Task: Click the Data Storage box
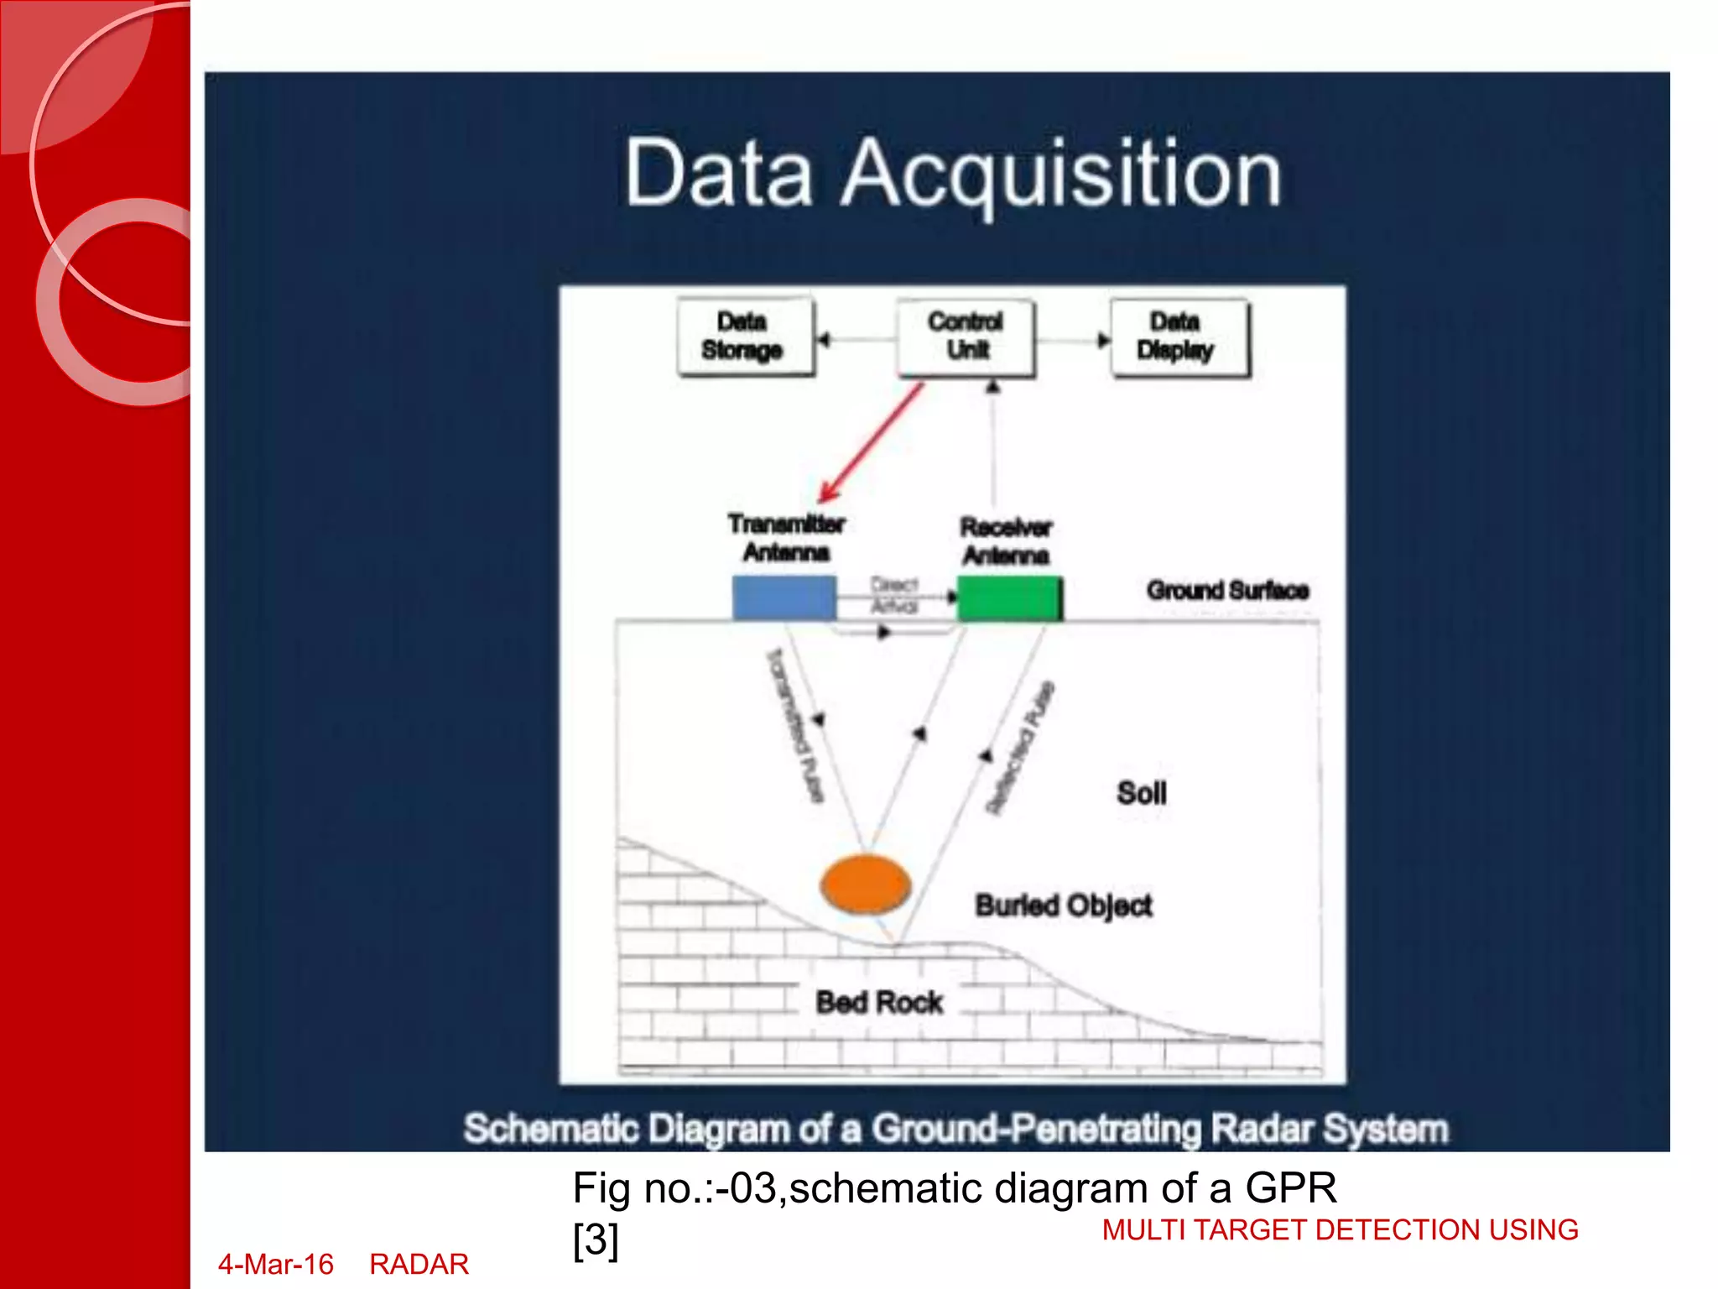[x=744, y=337]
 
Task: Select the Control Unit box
[x=966, y=337]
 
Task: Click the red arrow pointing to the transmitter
[x=872, y=442]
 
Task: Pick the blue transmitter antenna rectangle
[x=784, y=597]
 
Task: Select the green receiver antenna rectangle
[x=1009, y=598]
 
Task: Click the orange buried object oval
[x=865, y=885]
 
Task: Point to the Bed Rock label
[x=879, y=1002]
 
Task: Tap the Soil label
[x=1141, y=793]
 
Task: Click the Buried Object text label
[x=1063, y=905]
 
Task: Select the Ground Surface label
[x=1227, y=591]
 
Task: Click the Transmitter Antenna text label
[x=786, y=538]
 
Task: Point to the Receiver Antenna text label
[x=1006, y=541]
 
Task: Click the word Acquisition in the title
[x=1061, y=174]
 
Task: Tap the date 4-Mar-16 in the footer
[x=276, y=1264]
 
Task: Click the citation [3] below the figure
[x=596, y=1239]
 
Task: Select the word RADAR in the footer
[x=419, y=1264]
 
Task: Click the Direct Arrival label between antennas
[x=894, y=594]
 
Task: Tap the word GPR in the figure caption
[x=1290, y=1187]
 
